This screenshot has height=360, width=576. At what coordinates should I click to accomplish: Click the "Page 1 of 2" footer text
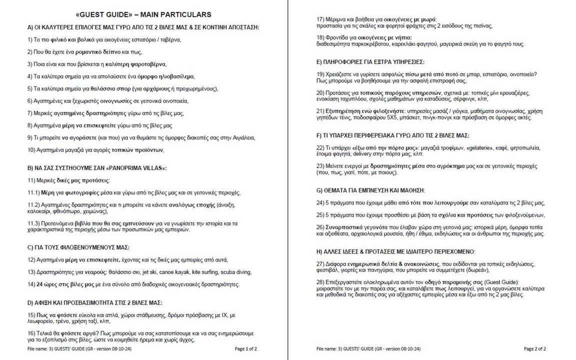(x=246, y=348)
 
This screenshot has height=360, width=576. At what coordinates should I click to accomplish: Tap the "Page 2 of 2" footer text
(x=534, y=348)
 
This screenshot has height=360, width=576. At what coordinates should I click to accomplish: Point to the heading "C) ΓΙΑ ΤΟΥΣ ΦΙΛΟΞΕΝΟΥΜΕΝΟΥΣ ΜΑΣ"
(x=78, y=247)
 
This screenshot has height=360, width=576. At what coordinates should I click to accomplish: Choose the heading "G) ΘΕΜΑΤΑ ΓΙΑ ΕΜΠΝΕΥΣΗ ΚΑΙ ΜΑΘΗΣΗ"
(x=370, y=190)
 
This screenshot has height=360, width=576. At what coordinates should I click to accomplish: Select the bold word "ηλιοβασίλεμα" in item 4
(x=173, y=76)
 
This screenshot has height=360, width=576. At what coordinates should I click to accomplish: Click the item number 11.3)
(x=34, y=223)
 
